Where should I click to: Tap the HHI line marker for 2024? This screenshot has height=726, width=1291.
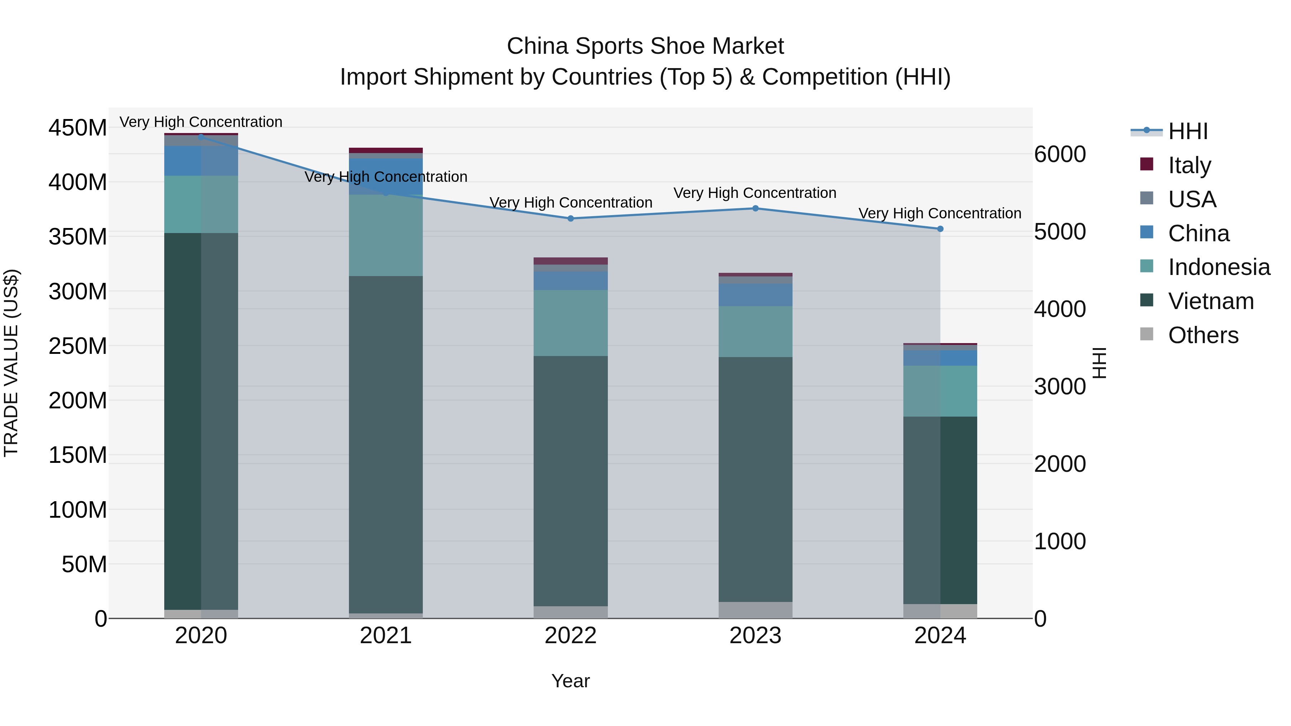[x=940, y=229]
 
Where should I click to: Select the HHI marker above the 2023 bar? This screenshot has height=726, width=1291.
[x=755, y=208]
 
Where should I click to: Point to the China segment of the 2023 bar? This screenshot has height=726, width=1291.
[x=755, y=295]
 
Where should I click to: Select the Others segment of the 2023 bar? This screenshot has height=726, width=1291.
[x=755, y=610]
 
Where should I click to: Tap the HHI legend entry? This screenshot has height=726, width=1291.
[x=1187, y=131]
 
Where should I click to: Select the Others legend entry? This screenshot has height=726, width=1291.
[x=1203, y=335]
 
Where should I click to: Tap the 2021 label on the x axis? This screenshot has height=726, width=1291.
[x=386, y=636]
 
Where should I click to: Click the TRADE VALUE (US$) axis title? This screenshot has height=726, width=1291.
[x=11, y=363]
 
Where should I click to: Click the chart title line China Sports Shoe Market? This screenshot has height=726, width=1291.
[x=645, y=46]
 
